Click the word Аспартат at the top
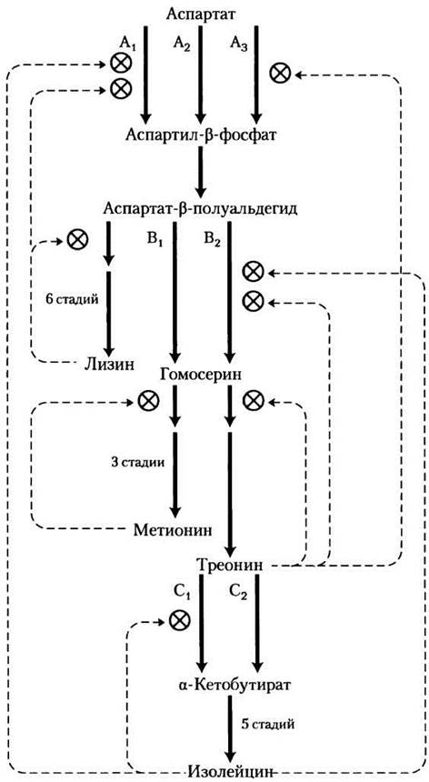[x=201, y=14]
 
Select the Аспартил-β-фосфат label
[x=200, y=135]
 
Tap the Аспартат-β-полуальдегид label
[x=201, y=208]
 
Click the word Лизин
[x=109, y=364]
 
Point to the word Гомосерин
[x=201, y=374]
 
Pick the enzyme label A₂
[x=182, y=44]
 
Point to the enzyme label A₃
[x=239, y=44]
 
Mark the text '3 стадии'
[x=137, y=461]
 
